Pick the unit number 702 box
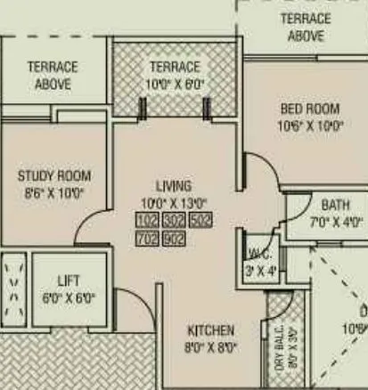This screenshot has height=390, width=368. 147,239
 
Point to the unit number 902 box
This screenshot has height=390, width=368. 174,239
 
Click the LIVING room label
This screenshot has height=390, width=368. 173,186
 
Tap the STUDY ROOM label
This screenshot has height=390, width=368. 53,175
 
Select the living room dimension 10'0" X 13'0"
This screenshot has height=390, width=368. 173,202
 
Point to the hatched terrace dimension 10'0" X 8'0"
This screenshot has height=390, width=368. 175,83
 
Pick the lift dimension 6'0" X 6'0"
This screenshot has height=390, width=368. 69,297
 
